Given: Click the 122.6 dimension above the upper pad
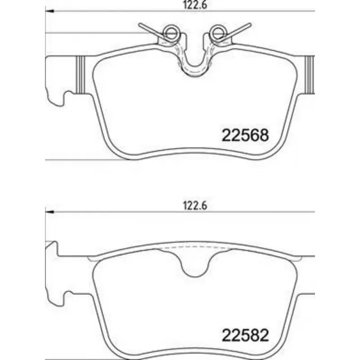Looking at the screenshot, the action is click(x=195, y=5).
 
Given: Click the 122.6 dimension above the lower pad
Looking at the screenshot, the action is click(x=195, y=206).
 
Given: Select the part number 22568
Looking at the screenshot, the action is click(x=245, y=135).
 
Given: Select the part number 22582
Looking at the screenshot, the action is click(x=245, y=335).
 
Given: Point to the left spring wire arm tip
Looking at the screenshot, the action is click(x=139, y=24).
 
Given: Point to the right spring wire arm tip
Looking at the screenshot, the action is click(x=250, y=24).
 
